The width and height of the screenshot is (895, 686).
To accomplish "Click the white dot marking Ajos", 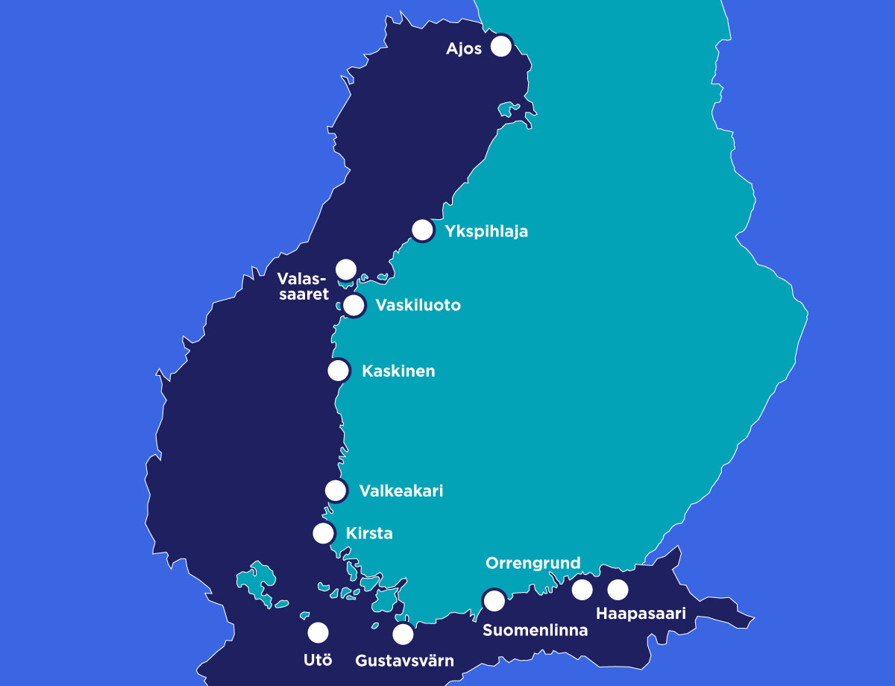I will click(501, 46).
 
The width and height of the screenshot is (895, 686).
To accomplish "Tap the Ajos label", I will click(464, 49).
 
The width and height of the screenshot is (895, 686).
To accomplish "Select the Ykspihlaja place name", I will click(486, 231).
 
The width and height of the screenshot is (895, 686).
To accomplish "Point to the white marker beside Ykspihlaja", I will click(423, 230).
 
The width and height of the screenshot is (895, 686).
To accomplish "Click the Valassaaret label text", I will click(303, 286).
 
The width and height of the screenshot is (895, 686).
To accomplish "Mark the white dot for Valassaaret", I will click(346, 269).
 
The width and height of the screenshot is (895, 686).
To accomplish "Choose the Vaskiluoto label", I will click(418, 306).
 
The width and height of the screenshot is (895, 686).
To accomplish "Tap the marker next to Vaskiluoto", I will click(354, 305).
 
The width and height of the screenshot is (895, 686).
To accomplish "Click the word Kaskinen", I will click(398, 371).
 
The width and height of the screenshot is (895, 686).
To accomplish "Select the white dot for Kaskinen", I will click(339, 370).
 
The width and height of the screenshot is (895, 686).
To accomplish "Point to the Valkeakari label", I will click(401, 491).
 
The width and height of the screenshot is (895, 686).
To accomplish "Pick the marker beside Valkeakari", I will click(336, 490).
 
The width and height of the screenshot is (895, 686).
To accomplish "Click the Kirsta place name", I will click(369, 534).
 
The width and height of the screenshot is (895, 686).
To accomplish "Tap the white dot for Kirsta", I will click(324, 533).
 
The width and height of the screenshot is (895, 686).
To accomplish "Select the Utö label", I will click(318, 659).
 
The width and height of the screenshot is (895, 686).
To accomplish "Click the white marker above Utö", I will click(318, 633).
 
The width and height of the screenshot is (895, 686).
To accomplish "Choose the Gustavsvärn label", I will click(404, 661).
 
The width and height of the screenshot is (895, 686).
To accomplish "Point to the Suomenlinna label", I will click(535, 630).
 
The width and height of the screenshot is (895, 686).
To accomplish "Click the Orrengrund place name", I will click(533, 564).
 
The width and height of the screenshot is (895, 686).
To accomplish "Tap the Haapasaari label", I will click(641, 614).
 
